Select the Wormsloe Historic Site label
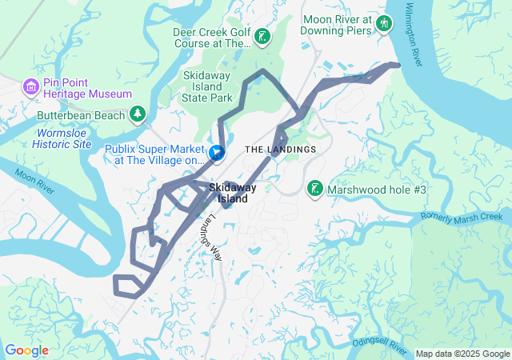pyautogui.click(x=62, y=138)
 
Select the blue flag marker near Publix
pyautogui.click(x=217, y=152)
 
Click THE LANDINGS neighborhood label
pyautogui.click(x=280, y=150)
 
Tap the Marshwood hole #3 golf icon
pyautogui.click(x=315, y=188)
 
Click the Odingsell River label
pyautogui.click(x=380, y=343)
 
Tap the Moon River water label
pyautogui.click(x=56, y=190)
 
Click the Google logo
pyautogui.click(x=26, y=350)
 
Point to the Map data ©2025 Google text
pyautogui.click(x=462, y=354)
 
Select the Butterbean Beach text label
pyautogui.click(x=81, y=116)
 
